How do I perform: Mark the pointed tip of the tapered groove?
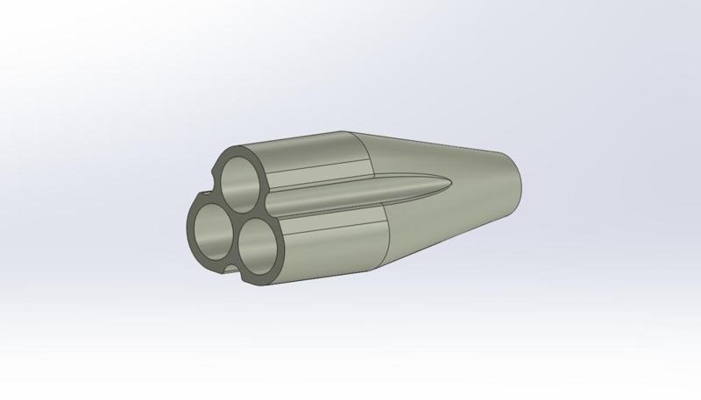pyautogui.click(x=452, y=182)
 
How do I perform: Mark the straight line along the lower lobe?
pyautogui.click(x=333, y=228)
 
